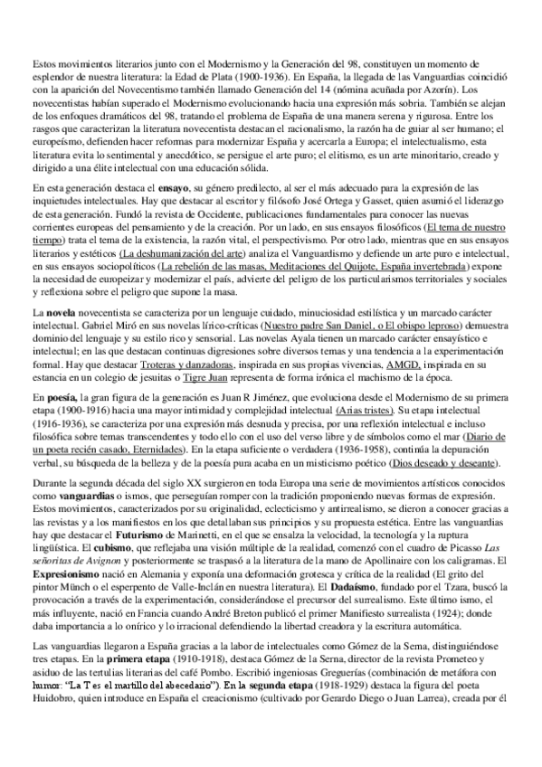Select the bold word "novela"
62,310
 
